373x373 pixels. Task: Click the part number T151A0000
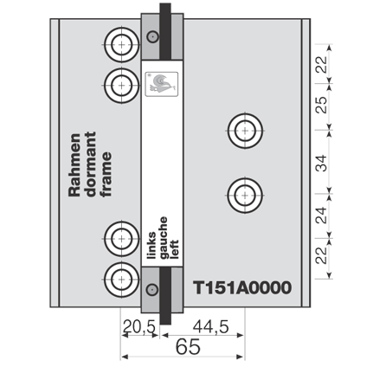coord(242,287)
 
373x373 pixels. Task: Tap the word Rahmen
coord(74,164)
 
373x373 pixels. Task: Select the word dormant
coord(91,164)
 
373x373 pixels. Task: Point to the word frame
coord(106,174)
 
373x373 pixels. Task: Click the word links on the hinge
coord(151,245)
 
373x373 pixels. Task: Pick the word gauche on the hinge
coord(163,237)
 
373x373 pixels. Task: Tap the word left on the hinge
coord(174,249)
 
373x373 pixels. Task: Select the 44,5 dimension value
coord(210,327)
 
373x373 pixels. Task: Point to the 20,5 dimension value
coord(139,327)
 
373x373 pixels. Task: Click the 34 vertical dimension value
coord(321,163)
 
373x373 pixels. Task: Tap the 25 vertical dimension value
coord(321,105)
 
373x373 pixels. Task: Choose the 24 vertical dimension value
coord(321,215)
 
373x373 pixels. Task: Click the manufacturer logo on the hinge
coord(161,84)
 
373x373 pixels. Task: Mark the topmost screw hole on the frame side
coord(121,45)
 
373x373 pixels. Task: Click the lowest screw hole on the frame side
coord(121,280)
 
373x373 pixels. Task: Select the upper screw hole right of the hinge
coord(245,131)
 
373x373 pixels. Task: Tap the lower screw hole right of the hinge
coord(245,196)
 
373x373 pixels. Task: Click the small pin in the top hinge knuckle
coord(152,36)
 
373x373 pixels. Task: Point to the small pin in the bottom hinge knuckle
coord(152,289)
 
